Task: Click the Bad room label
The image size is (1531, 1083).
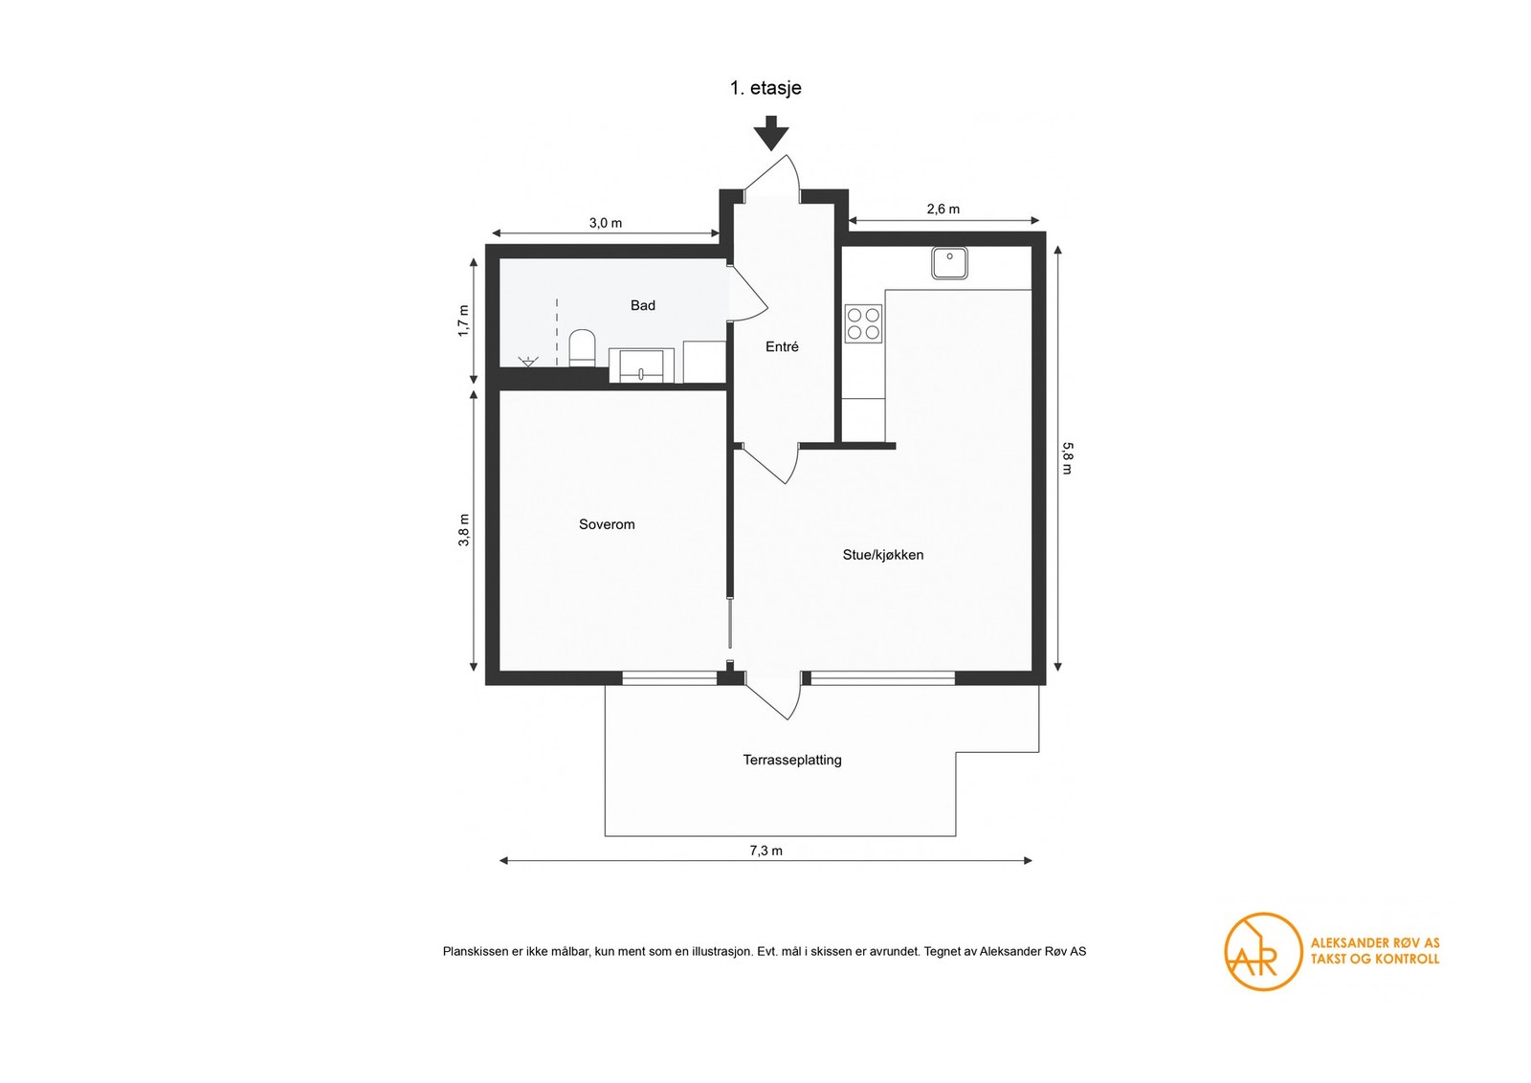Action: [642, 305]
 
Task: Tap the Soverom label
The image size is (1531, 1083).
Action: [607, 524]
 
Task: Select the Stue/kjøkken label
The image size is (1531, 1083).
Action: [883, 555]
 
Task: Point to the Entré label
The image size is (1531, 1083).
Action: [782, 346]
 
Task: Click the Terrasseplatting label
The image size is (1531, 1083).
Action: [792, 760]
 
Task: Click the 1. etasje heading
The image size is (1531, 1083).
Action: [765, 88]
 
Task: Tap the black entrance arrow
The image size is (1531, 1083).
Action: [771, 133]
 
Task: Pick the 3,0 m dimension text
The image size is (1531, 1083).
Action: [606, 223]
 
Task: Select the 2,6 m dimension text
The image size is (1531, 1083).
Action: [943, 210]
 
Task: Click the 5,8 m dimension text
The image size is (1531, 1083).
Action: [1068, 458]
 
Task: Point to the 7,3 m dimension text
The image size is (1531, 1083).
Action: [766, 851]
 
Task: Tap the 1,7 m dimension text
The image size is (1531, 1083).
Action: [464, 320]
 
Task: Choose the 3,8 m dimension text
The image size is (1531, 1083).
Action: [464, 530]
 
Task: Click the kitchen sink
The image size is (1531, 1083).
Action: [949, 263]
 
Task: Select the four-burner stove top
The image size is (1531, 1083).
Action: [863, 323]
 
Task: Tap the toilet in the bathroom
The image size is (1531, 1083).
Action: [583, 348]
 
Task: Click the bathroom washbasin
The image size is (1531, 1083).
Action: [642, 365]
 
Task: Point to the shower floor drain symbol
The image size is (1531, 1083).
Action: [528, 361]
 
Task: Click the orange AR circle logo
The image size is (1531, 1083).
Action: [1262, 952]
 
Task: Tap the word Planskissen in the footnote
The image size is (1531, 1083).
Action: [476, 951]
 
